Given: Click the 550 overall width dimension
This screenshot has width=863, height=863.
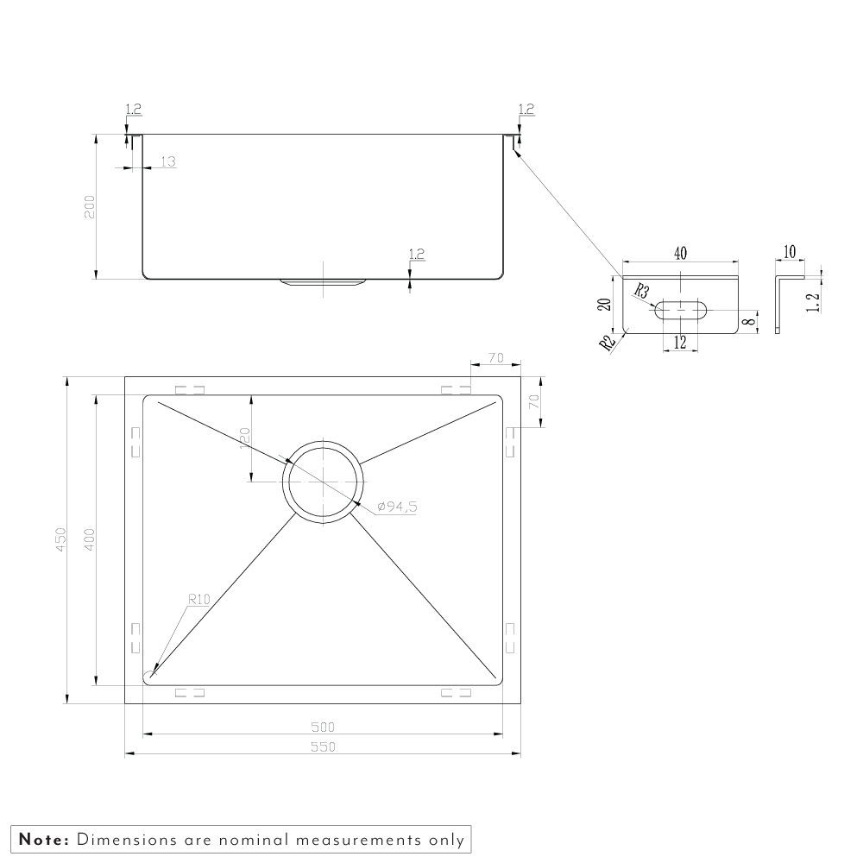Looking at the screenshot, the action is pos(323,746).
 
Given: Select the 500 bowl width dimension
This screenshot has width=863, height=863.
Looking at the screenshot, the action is pos(323,727).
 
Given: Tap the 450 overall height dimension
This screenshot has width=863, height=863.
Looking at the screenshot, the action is pos(60,539).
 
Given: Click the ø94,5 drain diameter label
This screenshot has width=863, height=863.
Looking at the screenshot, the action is pos(397,507).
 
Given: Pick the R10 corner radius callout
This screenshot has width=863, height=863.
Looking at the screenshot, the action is pos(199,599).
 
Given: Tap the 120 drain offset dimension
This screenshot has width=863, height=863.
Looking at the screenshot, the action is pos(245,438).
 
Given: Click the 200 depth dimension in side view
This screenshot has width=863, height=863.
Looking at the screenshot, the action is pos(90,206).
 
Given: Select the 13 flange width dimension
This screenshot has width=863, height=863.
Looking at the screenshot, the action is pos(168,161).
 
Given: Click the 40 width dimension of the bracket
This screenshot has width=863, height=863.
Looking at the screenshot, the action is pos(680,253).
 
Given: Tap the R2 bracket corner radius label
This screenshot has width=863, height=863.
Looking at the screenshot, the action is pos(607,343).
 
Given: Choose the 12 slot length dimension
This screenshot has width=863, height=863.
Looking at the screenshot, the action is pos(680,343).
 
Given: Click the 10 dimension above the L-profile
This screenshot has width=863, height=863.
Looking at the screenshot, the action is pos(790,252).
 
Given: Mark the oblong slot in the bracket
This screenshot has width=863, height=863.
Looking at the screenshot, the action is pos(681,310).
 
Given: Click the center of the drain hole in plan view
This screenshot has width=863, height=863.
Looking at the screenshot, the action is pos(323,482).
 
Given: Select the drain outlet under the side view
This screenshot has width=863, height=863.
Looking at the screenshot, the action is pos(323,282).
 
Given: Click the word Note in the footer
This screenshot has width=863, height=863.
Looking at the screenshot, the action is pos(44,840).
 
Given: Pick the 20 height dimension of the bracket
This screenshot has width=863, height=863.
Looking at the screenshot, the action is pos(605,305).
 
